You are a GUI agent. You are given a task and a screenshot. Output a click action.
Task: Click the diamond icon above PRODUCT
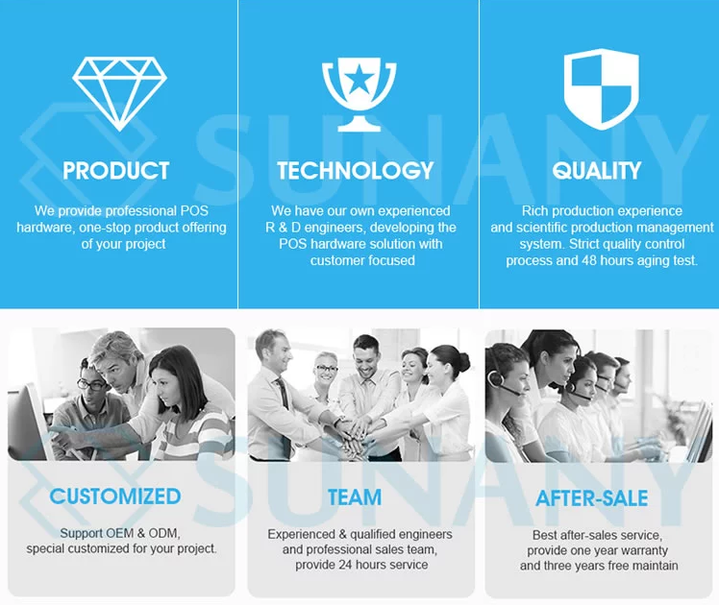(119, 94)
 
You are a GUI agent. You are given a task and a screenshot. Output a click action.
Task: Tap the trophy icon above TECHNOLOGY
(359, 94)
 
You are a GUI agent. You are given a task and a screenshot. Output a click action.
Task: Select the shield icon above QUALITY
(601, 89)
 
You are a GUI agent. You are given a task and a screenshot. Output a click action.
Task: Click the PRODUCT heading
(116, 171)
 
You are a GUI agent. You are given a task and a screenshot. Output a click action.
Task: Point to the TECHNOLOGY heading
(356, 171)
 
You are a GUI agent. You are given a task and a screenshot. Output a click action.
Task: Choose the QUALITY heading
(597, 171)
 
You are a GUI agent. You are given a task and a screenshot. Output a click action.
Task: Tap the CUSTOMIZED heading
(115, 496)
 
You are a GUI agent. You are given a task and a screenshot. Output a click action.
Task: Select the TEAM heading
(355, 497)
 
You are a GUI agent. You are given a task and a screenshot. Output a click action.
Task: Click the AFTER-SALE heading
(592, 498)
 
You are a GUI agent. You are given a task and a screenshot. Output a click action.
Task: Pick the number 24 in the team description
(347, 565)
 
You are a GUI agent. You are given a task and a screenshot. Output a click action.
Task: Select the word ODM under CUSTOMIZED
(163, 533)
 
